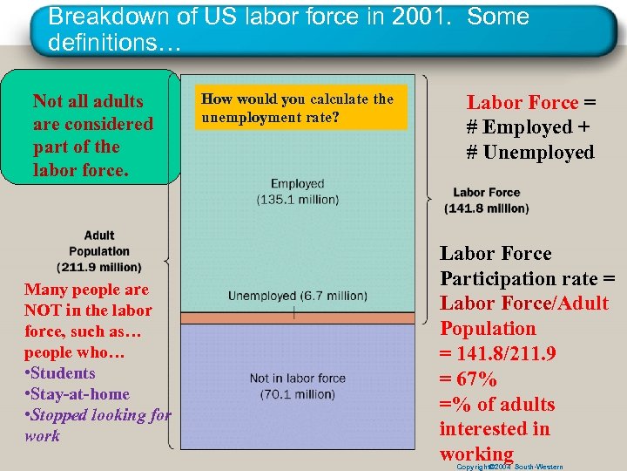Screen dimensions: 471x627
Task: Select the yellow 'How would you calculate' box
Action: [301, 107]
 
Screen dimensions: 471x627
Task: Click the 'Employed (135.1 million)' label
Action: [298, 192]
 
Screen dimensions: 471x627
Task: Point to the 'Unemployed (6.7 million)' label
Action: [298, 297]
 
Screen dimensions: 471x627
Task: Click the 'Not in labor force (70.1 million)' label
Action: [298, 386]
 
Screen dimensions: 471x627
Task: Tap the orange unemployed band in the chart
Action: [298, 313]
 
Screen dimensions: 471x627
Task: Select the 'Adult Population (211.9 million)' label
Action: [99, 251]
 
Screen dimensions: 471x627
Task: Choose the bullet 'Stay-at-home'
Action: [79, 394]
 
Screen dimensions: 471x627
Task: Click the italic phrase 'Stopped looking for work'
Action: [96, 425]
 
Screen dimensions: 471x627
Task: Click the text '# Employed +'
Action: [528, 127]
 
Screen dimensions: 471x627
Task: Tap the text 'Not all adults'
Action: [87, 102]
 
